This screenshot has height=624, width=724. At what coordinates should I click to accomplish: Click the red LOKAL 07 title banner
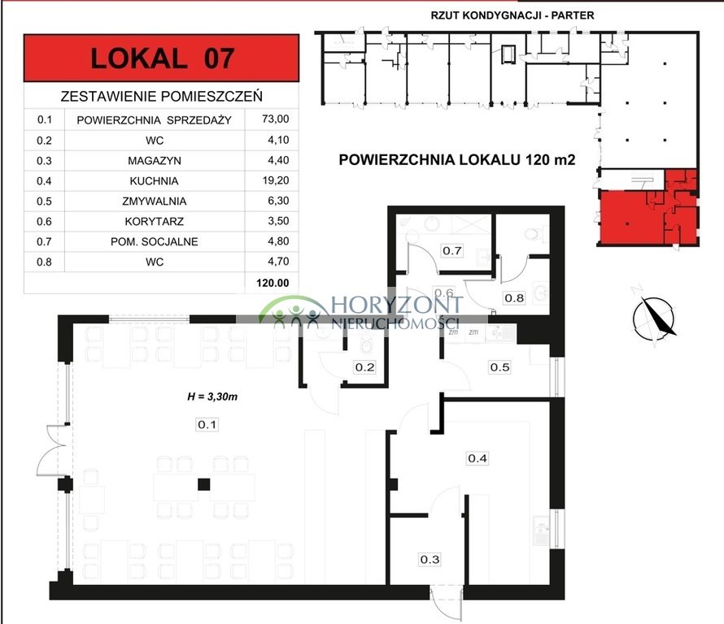(162, 58)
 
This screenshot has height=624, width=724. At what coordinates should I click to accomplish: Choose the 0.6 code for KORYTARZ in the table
(46, 222)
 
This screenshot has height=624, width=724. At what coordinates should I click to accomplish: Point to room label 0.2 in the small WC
(364, 367)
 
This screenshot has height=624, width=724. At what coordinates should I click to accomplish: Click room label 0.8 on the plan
(514, 297)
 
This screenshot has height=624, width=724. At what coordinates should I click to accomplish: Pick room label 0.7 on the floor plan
(452, 251)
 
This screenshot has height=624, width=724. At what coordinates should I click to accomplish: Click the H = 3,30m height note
(212, 397)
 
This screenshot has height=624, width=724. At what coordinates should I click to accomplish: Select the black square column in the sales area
(204, 485)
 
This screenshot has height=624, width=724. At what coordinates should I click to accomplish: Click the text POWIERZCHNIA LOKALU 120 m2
(456, 160)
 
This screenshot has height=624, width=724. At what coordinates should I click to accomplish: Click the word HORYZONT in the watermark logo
(396, 305)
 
